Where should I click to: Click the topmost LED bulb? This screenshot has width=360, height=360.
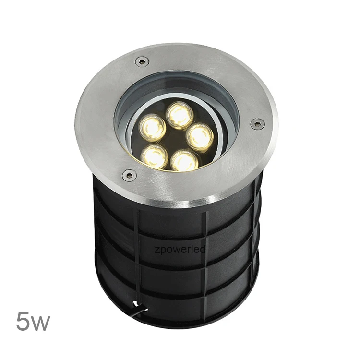click(180, 115)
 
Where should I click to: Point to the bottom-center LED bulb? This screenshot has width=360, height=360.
click(185, 161)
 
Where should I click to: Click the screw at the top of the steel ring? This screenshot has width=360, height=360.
click(142, 61)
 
